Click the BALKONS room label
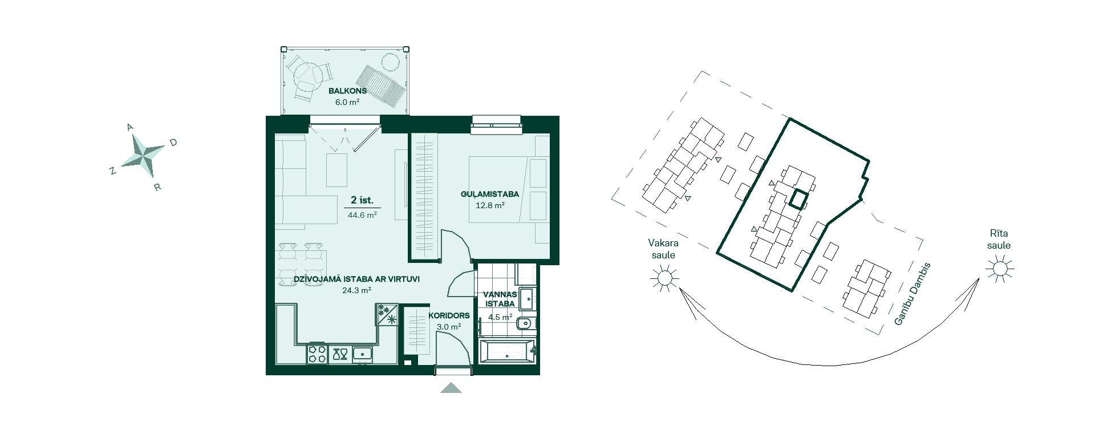coord(347,91)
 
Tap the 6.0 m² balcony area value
coord(347,103)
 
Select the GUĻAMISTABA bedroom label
coord(490,194)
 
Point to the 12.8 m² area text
coord(490,205)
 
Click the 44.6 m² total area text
coord(362,215)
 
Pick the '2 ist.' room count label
coord(362,200)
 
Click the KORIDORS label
coord(449,315)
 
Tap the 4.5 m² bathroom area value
coord(500,317)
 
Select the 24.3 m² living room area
coord(356,290)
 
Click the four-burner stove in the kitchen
coord(317,354)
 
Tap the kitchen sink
coord(362,354)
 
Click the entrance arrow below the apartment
coord(451,388)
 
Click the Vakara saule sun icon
coord(664,278)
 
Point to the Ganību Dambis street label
coord(912,294)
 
